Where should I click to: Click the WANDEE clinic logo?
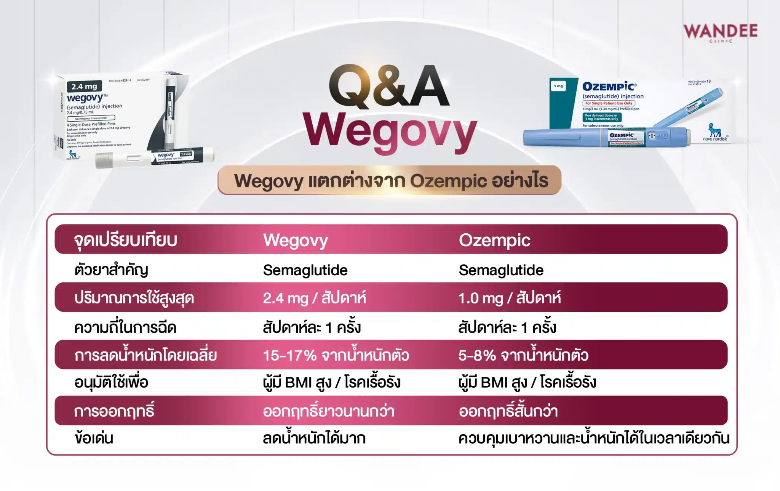720,32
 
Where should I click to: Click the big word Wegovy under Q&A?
390,132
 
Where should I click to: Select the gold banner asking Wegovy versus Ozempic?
390,180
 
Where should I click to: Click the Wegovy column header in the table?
296,240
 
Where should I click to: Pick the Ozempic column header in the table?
494,240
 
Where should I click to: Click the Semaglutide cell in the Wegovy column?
305,270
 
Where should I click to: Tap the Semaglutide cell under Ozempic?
501,270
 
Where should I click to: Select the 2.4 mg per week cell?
314,298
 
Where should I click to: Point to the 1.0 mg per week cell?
509,298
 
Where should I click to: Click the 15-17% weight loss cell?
336,355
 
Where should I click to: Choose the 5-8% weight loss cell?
523,355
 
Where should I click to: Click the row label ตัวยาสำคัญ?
111,270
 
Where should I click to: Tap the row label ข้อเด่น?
94,438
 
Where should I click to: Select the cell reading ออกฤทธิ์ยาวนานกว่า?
328,411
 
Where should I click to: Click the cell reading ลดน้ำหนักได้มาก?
314,438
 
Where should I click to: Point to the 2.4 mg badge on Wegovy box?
84,87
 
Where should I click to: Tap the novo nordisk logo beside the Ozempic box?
715,133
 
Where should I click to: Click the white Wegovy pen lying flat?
154,158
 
